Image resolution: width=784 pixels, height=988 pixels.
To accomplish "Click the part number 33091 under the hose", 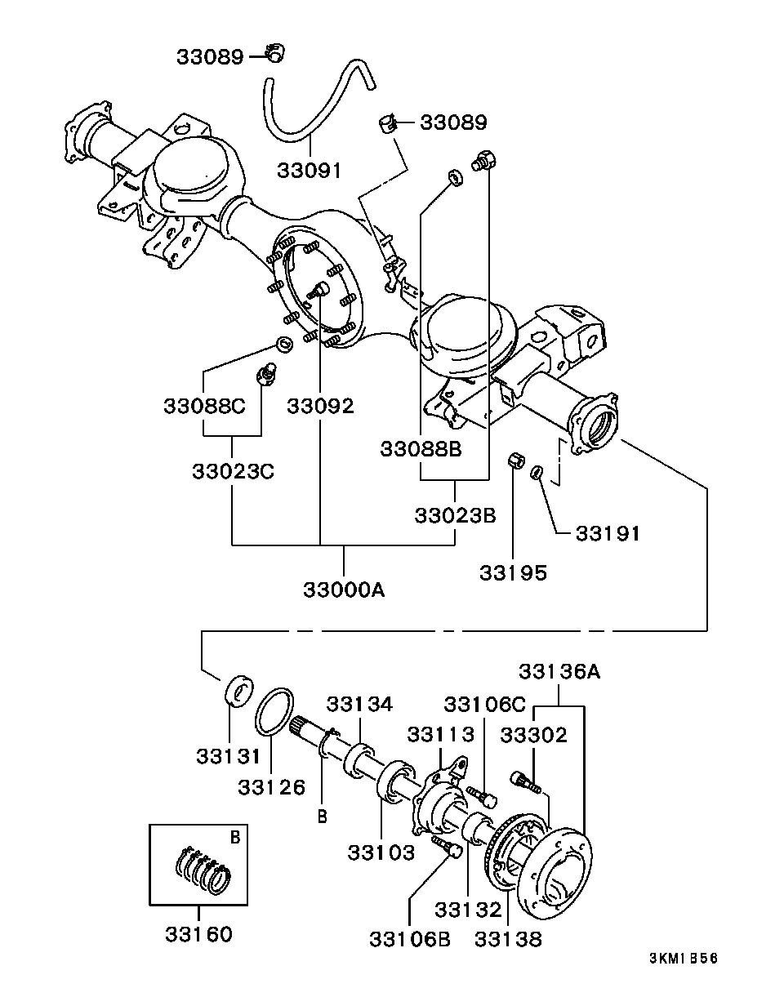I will click(x=308, y=170).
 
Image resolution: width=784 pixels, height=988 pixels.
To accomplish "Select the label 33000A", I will click(x=343, y=590).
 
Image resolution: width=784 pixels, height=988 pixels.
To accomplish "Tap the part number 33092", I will click(x=320, y=406).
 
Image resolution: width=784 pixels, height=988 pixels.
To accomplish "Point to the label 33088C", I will click(x=204, y=406).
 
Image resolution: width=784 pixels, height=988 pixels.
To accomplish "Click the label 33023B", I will click(x=455, y=516).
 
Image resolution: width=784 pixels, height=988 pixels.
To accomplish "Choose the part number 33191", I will click(x=608, y=533).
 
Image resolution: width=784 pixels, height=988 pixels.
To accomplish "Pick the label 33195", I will click(x=513, y=572).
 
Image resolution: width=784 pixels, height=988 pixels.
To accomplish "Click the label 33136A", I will click(x=559, y=671).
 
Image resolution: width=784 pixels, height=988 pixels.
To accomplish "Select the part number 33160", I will click(x=199, y=934).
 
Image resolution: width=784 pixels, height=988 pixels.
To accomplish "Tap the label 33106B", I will click(x=410, y=939).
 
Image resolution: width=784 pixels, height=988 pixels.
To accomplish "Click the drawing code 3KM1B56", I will click(x=684, y=959).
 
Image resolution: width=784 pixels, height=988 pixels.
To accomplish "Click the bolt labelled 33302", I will click(x=525, y=781).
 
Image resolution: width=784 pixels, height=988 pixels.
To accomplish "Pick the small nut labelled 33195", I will click(x=515, y=461).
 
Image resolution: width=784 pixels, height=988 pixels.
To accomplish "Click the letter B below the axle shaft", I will click(x=323, y=816).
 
